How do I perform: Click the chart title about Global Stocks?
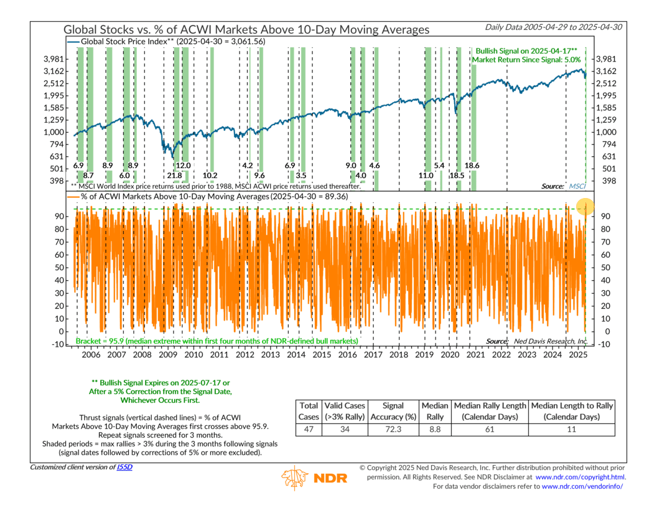246,29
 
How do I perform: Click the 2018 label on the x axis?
398,354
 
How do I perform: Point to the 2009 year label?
167,354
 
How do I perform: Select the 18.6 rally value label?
473,166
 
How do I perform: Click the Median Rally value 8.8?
435,429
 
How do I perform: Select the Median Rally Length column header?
490,411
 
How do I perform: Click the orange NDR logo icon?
295,477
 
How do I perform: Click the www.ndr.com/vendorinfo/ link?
582,486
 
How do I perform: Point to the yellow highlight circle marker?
585,207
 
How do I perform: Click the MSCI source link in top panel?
577,186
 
